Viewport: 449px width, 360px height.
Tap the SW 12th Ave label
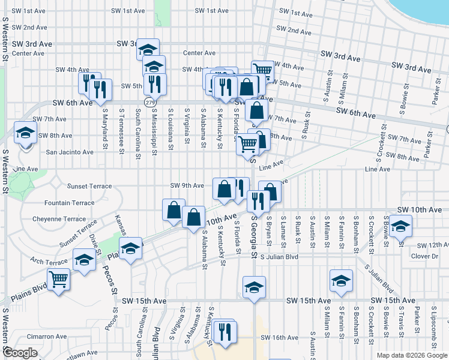coord(430,245)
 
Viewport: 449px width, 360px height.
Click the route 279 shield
coord(147,103)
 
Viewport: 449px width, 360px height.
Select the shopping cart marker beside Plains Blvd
coord(58,279)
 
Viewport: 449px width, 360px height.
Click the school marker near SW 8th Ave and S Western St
coord(26,133)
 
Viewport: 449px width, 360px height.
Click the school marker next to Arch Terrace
coord(84,261)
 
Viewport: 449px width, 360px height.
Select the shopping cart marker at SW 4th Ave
coord(262,70)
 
